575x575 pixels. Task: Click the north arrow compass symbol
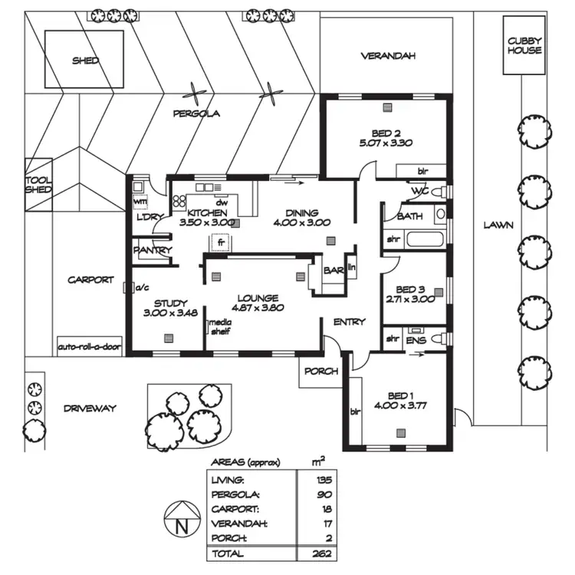click(181, 522)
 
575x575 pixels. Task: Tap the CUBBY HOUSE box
click(524, 46)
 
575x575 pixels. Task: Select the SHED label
click(85, 61)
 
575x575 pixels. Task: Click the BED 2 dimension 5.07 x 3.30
click(386, 143)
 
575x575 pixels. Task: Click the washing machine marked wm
click(140, 202)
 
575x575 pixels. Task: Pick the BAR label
click(333, 271)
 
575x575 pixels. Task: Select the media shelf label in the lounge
click(222, 327)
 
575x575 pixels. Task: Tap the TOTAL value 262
click(321, 553)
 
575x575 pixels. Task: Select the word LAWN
click(498, 225)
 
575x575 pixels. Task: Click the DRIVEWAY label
click(90, 409)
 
